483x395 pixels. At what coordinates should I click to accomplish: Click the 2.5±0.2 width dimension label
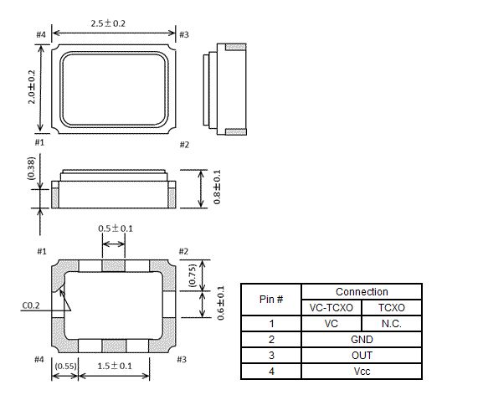pyautogui.click(x=108, y=23)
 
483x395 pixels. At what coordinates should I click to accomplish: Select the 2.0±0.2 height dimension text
pyautogui.click(x=32, y=87)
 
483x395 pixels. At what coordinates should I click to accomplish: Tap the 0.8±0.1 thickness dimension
pyautogui.click(x=217, y=187)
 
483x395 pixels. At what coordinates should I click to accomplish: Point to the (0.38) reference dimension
pyautogui.click(x=32, y=168)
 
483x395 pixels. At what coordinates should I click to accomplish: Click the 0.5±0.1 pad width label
pyautogui.click(x=116, y=228)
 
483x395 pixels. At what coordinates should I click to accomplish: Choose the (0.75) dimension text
pyautogui.click(x=192, y=275)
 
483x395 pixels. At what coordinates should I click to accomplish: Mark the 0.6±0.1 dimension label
pyautogui.click(x=220, y=303)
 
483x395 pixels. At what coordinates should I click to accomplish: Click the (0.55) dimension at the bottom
pyautogui.click(x=65, y=366)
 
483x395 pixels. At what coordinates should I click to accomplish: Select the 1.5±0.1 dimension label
pyautogui.click(x=115, y=366)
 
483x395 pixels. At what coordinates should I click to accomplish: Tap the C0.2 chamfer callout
pyautogui.click(x=31, y=305)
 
